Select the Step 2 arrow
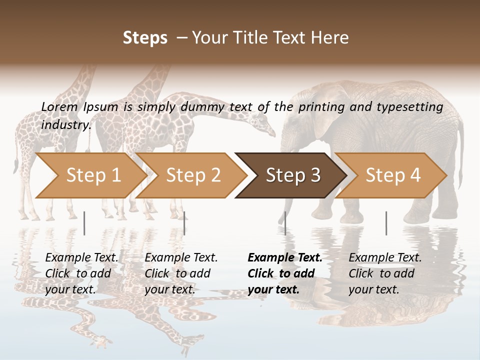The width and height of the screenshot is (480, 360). point(192,175)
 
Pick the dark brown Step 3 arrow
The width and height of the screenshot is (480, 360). point(292,175)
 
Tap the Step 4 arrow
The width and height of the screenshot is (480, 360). point(392,175)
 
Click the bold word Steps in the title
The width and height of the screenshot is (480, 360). point(145,37)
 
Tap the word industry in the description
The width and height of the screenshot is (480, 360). point(65,124)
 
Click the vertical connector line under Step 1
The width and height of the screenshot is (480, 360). point(84,223)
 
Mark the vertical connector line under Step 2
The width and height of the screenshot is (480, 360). point(184,223)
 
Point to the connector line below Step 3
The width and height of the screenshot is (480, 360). point(285,223)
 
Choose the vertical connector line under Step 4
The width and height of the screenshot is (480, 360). point(386,223)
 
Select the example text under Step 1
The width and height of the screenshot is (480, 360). point(82,273)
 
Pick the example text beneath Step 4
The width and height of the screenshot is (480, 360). point(385,273)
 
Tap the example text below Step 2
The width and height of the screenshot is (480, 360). point(181,273)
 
